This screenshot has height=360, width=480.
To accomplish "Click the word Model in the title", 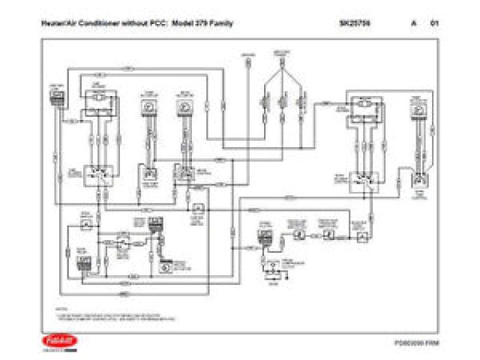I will [184, 23].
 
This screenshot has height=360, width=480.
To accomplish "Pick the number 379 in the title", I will [205, 23].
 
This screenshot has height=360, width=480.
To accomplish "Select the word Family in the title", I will [223, 23].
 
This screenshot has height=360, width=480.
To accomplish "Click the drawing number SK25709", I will [353, 23].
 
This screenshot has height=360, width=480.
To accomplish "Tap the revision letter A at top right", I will [413, 23].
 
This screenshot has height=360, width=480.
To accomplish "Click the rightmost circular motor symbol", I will [418, 108].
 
